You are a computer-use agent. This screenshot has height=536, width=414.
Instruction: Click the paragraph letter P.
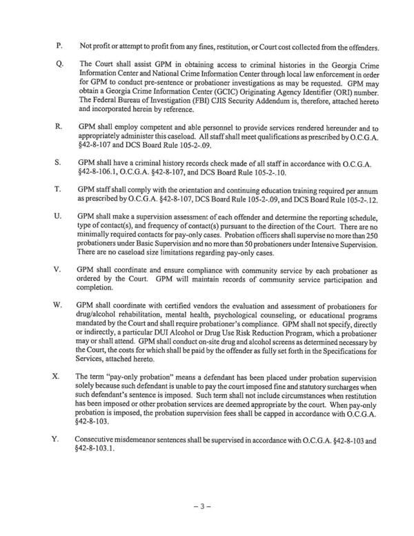59,46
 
